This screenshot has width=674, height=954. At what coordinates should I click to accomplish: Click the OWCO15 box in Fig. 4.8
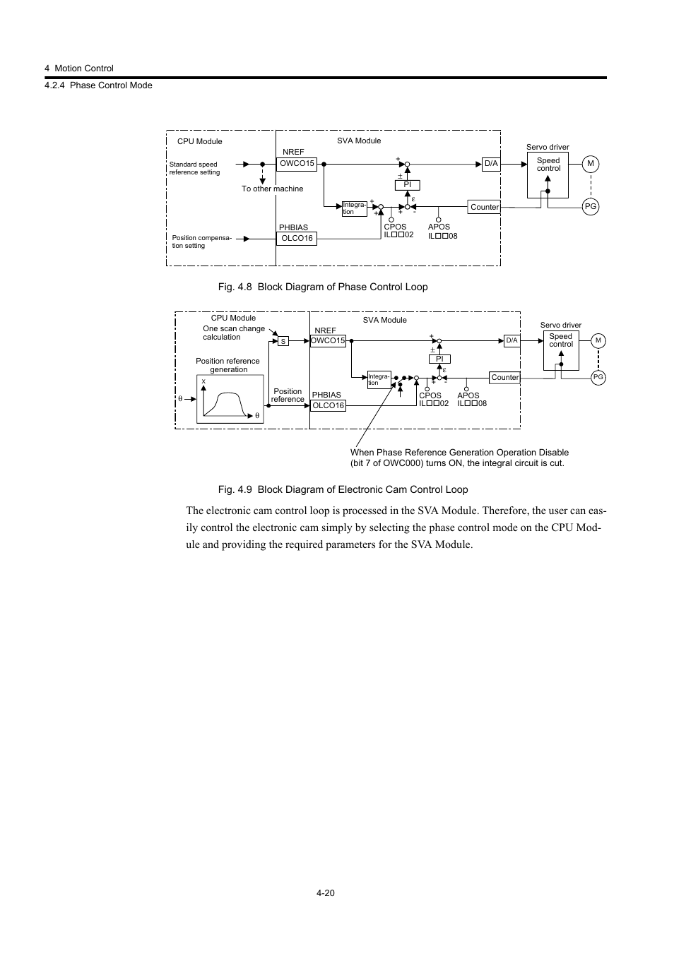pos(297,164)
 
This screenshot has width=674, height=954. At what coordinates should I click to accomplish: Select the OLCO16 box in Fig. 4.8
pos(297,239)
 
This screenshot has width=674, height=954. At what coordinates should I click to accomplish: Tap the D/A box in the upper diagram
pos(491,164)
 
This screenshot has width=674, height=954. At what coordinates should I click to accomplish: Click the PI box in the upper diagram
pos(407,185)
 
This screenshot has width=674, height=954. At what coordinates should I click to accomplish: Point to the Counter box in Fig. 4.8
pos(485,207)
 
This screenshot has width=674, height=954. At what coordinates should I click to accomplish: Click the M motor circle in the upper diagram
pos(591,164)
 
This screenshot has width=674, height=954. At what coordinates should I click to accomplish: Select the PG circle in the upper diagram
pos(591,207)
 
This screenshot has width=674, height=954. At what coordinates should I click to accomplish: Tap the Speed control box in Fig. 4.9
pos(561,350)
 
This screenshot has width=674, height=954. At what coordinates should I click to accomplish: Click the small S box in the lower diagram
pos(283,342)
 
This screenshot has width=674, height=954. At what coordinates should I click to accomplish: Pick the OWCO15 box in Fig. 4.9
pos(328,341)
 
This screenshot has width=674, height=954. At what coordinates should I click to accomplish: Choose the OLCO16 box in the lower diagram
pos(328,405)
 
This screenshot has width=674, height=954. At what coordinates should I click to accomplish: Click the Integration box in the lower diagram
pos(379,380)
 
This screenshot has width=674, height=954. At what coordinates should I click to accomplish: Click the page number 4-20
pos(326,893)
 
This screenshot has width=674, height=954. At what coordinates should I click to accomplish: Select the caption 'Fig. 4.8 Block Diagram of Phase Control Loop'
pos(323,287)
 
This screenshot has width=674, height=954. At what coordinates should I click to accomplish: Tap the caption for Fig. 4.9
pos(343,489)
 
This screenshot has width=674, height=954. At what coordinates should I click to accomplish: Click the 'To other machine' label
pos(272,189)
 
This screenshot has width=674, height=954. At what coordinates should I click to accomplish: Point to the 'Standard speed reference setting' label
pos(195,168)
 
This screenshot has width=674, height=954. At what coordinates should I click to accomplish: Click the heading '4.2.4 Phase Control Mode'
pos(98,85)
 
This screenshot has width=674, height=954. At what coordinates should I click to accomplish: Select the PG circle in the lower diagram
pos(598,378)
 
